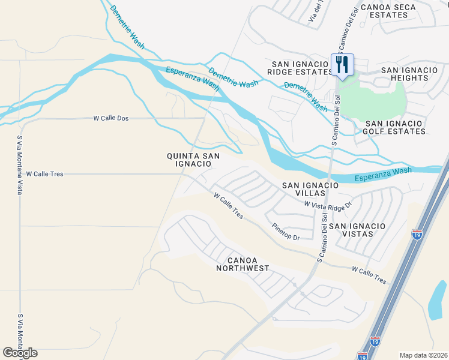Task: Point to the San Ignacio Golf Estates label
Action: tap(395, 127)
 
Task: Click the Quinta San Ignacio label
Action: tap(193, 160)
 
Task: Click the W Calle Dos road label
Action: tap(111, 118)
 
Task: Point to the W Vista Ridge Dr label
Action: tap(327, 205)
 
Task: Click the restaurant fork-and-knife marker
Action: tap(342, 65)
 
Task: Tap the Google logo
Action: tap(20, 353)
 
